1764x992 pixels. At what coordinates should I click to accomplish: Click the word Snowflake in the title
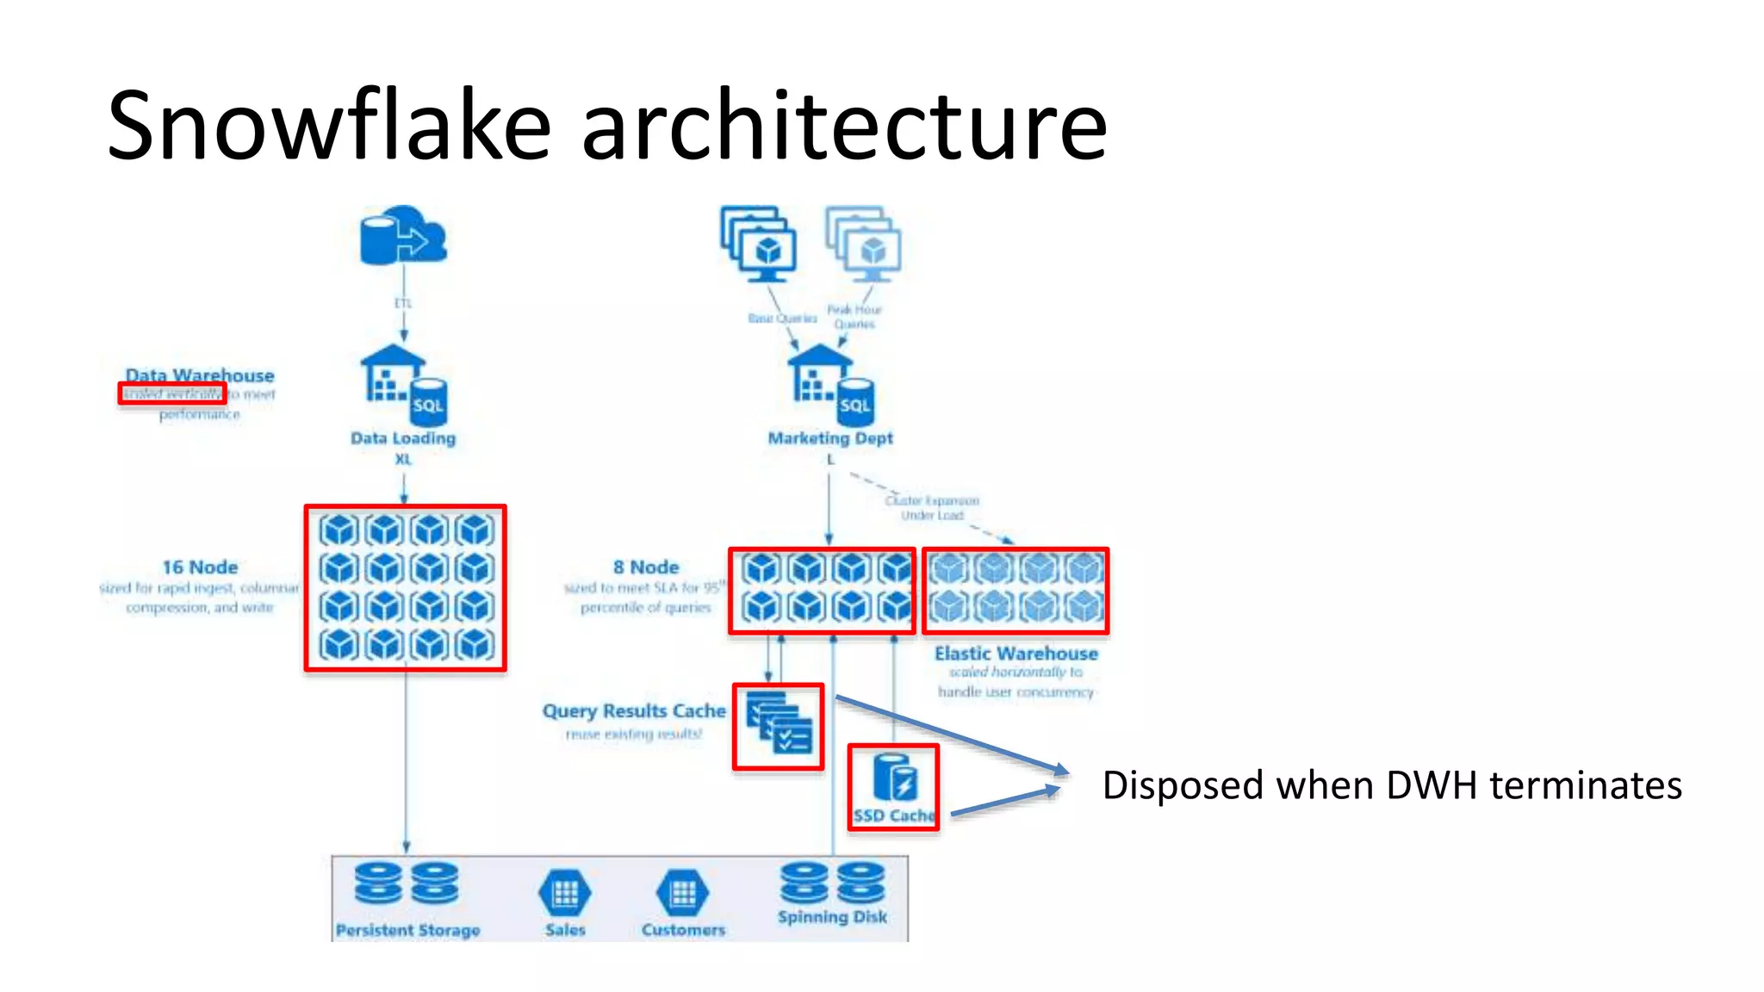click(x=328, y=126)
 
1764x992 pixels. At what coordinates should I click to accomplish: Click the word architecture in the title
click(x=844, y=126)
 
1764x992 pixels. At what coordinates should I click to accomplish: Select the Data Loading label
click(x=402, y=438)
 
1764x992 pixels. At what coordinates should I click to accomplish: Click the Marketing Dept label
click(x=830, y=438)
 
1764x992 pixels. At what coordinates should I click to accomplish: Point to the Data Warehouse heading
click(x=200, y=375)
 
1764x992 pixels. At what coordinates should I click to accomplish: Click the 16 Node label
click(x=200, y=567)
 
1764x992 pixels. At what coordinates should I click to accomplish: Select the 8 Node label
click(x=646, y=567)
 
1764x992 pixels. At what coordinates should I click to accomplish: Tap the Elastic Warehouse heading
click(x=1016, y=654)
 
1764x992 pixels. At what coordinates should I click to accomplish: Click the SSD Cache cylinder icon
click(x=894, y=777)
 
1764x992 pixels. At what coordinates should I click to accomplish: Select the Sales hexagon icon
click(x=565, y=894)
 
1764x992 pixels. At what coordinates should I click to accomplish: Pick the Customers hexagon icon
click(x=683, y=894)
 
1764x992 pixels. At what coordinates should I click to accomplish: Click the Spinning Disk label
click(x=832, y=917)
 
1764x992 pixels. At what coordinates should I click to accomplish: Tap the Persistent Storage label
click(x=407, y=931)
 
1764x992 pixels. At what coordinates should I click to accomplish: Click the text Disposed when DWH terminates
click(x=1392, y=785)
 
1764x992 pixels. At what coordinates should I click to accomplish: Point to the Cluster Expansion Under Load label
click(x=932, y=508)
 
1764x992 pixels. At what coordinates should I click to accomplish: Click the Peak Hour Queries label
click(x=854, y=317)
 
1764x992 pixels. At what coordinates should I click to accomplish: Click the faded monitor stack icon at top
click(x=864, y=244)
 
